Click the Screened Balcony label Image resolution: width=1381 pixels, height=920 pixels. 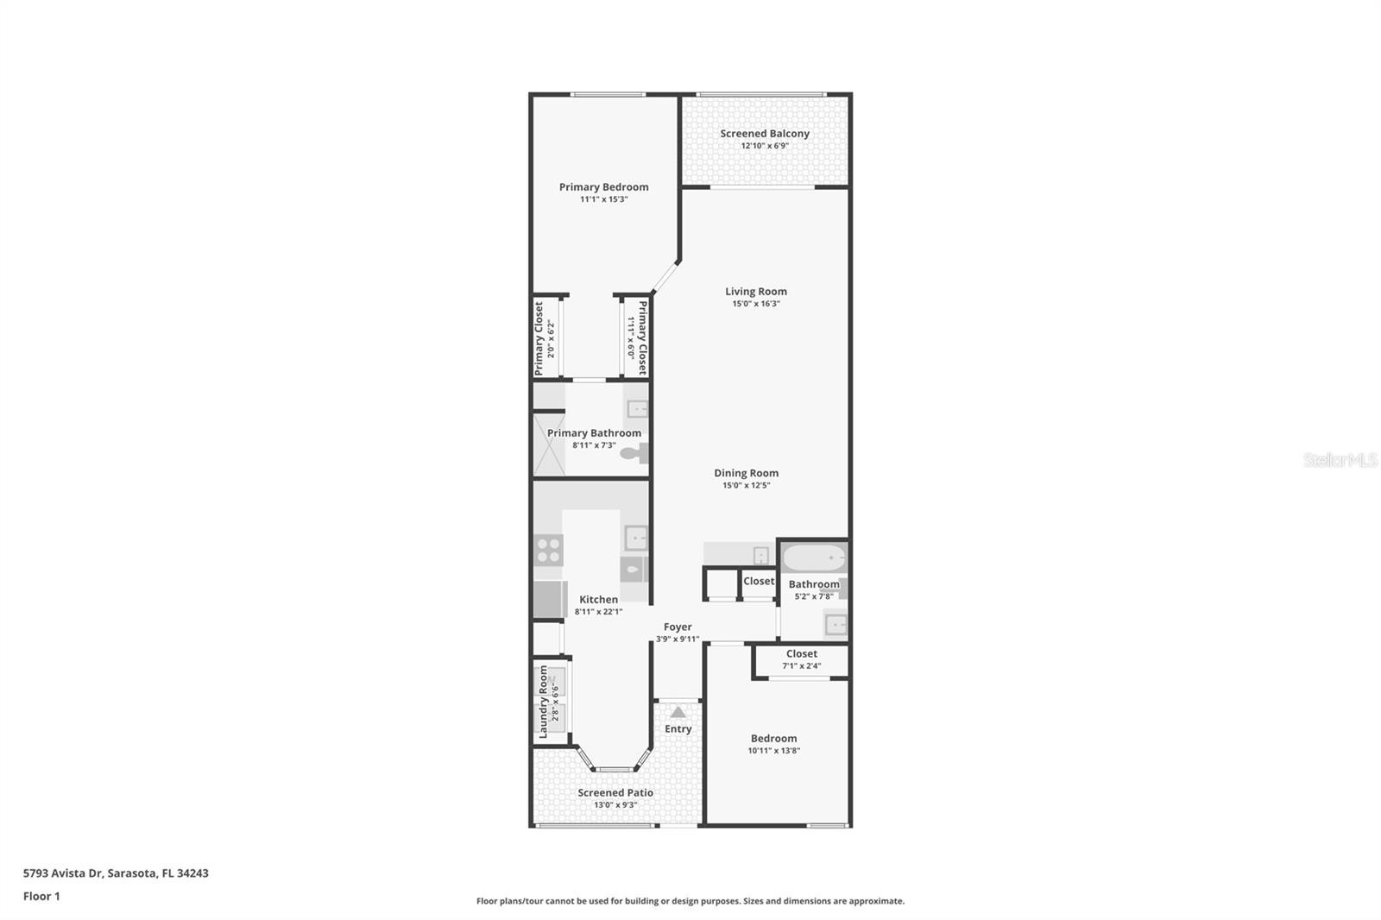point(765,133)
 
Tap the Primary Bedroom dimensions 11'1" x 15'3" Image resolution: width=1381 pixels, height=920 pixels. point(603,199)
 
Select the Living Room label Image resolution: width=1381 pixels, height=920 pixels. point(756,291)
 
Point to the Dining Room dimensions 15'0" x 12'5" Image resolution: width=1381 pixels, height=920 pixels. point(746,485)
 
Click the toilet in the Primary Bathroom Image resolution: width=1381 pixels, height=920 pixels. point(634,454)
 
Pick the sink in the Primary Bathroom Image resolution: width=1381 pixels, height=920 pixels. point(637,408)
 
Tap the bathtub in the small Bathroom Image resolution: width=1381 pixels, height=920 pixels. point(814,558)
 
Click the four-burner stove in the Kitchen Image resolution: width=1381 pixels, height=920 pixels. point(548,551)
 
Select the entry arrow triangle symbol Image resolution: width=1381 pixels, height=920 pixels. point(678,712)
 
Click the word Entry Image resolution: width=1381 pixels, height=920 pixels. point(678,729)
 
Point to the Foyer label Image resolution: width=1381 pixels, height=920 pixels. point(678,627)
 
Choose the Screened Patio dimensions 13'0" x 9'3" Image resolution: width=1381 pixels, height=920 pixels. point(615,804)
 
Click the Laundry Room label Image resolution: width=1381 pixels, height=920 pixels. point(543,702)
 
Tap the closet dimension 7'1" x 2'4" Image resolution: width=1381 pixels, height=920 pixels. point(802,665)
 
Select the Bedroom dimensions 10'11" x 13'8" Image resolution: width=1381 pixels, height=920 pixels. point(773,751)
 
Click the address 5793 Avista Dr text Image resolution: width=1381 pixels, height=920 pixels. point(63,873)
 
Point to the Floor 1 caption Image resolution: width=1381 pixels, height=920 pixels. point(41,896)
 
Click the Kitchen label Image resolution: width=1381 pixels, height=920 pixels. point(599,599)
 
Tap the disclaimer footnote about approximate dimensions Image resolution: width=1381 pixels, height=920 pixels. point(690,901)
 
